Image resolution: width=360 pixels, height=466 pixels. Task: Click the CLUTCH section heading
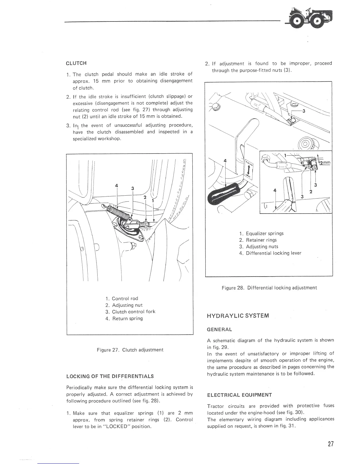pos(76,63)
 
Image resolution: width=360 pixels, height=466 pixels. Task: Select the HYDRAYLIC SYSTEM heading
pos(238,316)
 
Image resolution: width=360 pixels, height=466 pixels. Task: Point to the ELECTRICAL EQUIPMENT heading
pos(239,395)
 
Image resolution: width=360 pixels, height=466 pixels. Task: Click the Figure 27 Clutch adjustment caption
pos(130,350)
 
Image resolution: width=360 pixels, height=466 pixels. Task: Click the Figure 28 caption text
pos(269,287)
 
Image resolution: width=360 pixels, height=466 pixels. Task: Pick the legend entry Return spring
pos(124,318)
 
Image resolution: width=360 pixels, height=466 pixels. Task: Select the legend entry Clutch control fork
pos(130,312)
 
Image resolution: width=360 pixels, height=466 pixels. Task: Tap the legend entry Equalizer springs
pos(261,233)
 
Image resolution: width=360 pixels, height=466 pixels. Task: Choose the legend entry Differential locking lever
pos(270,253)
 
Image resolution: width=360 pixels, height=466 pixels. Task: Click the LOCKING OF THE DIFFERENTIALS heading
pos(110,376)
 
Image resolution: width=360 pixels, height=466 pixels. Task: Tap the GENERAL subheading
pos(219,329)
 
